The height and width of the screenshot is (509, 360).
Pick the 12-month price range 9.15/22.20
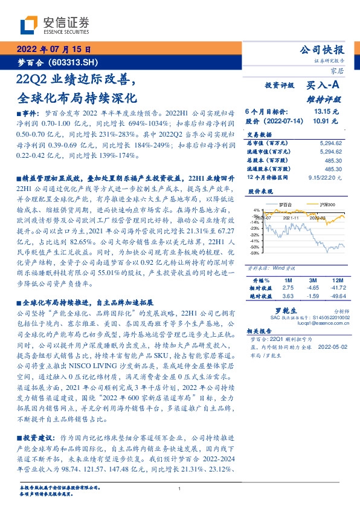(x=325, y=177)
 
